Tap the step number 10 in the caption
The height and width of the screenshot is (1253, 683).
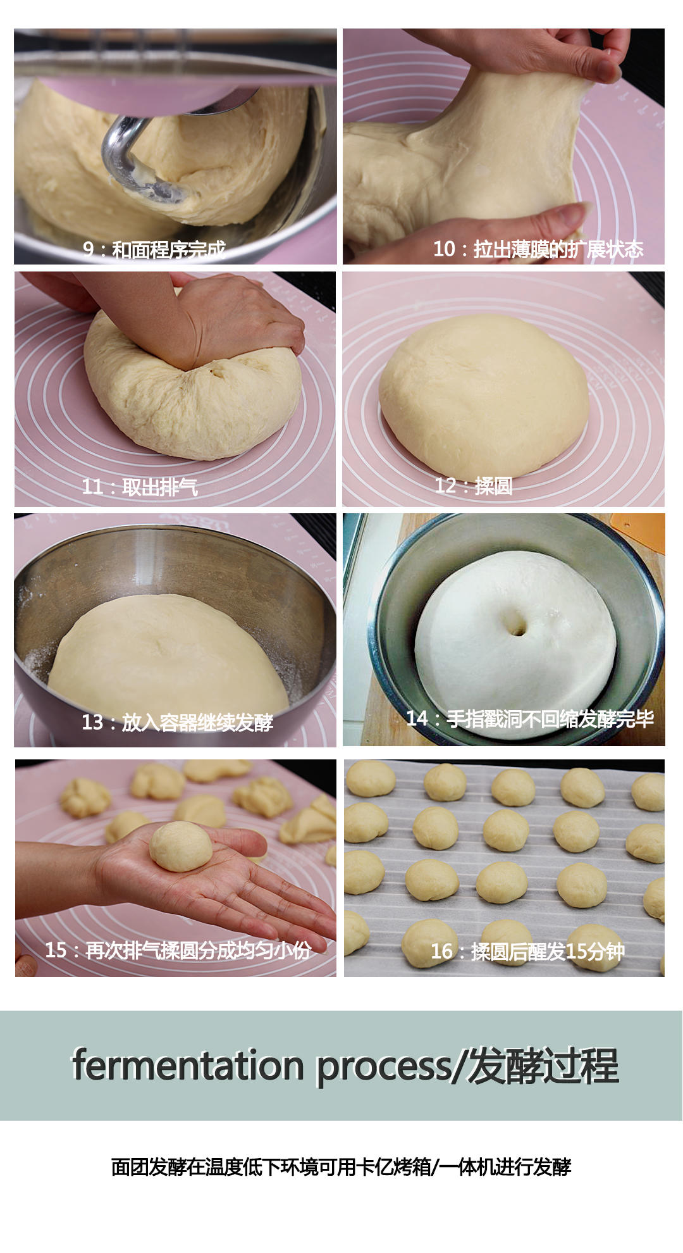pyautogui.click(x=444, y=249)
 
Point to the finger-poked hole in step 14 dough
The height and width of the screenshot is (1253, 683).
pyautogui.click(x=515, y=627)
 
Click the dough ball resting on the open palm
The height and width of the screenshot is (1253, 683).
pyautogui.click(x=181, y=846)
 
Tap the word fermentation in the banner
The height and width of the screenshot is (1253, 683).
pyautogui.click(x=188, y=1066)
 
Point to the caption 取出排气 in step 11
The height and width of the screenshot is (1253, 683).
pyautogui.click(x=160, y=487)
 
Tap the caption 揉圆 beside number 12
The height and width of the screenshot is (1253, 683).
pyautogui.click(x=493, y=486)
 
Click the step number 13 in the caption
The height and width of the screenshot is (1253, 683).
pyautogui.click(x=92, y=722)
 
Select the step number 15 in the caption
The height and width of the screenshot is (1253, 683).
pyautogui.click(x=56, y=950)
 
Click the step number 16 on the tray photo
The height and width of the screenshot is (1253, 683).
pyautogui.click(x=441, y=951)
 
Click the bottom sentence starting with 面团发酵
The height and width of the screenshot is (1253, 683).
pyautogui.click(x=341, y=1166)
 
